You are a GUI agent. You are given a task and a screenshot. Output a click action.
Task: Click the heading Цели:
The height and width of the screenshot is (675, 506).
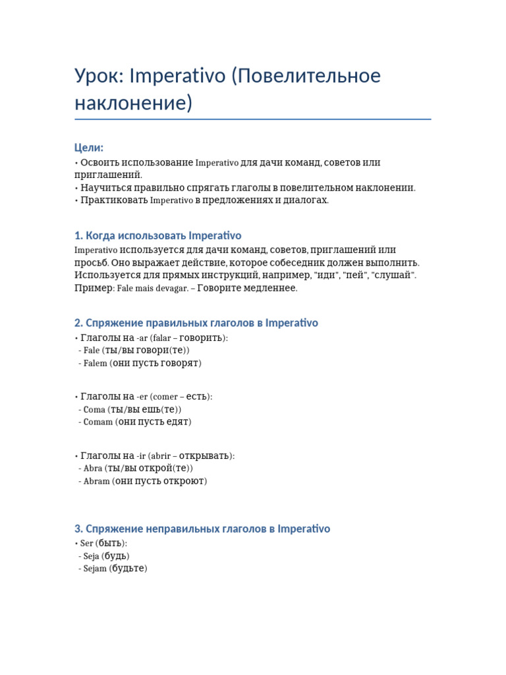click(x=89, y=148)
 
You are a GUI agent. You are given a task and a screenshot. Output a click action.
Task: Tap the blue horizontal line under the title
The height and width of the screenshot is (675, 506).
click(x=253, y=119)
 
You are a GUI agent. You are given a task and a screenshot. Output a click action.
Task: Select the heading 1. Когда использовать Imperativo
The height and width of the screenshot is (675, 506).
click(x=158, y=235)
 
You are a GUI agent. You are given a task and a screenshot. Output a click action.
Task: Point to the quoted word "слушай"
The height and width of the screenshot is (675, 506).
click(x=393, y=275)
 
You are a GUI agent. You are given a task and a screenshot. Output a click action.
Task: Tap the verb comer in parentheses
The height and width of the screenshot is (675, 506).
click(x=166, y=397)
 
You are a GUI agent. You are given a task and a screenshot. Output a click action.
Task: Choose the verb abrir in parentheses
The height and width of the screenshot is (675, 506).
click(x=161, y=456)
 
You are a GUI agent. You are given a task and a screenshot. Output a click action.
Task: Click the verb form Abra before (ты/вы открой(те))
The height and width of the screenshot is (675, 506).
click(x=93, y=469)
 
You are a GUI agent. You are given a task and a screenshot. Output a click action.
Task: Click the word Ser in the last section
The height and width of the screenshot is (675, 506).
click(x=87, y=543)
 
